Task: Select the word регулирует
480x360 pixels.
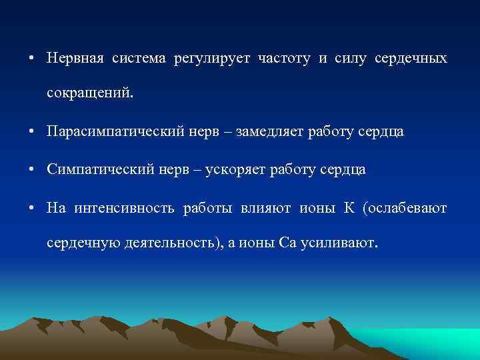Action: point(211,59)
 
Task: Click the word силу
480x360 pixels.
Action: point(347,59)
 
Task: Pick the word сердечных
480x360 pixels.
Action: point(411,59)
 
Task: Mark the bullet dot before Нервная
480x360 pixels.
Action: point(31,59)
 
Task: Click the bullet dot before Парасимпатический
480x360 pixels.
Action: point(31,133)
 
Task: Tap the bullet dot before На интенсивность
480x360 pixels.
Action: point(31,208)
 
